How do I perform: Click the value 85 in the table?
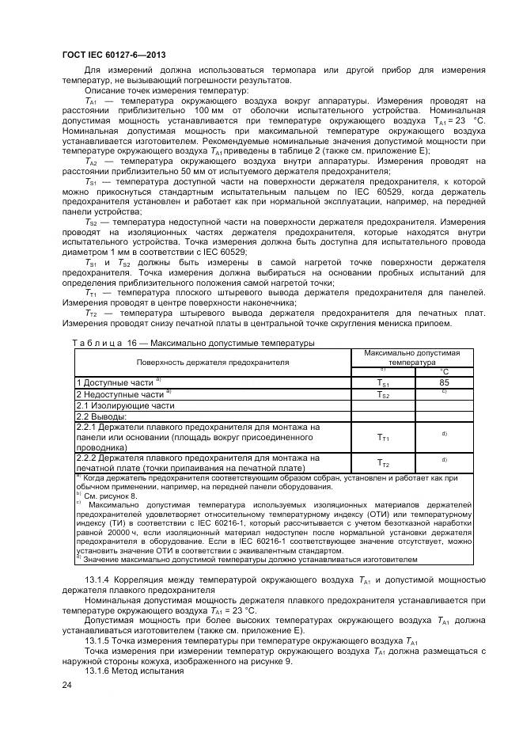444,382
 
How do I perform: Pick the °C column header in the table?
444,370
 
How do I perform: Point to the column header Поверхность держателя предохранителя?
213,361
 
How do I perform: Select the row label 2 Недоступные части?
120,393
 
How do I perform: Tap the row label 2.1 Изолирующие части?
124,405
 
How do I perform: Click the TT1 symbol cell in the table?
383,437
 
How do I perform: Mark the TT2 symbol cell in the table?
383,463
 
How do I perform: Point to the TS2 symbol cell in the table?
383,393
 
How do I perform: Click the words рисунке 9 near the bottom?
268,660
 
